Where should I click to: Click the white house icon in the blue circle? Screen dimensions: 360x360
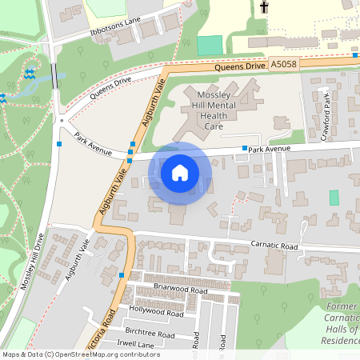[x=180, y=172]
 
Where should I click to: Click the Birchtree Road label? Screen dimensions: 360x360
[x=150, y=334]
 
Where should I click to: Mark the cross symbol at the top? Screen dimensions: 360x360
[x=263, y=8]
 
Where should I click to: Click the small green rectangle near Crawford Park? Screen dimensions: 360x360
[x=334, y=198]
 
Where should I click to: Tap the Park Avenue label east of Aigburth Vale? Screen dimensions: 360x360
[x=267, y=149]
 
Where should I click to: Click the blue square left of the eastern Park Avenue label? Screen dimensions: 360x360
[x=245, y=149]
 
